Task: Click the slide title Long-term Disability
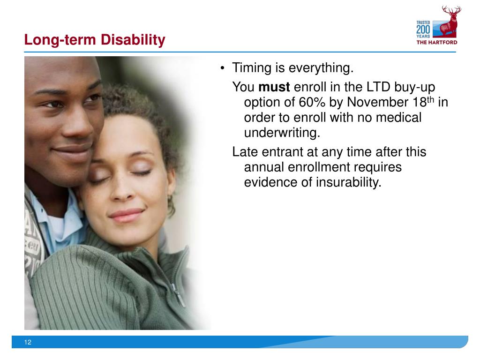pos(95,40)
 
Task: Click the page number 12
pos(28,343)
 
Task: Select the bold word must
pos(274,87)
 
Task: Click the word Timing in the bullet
pos(252,69)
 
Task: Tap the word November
pos(373,102)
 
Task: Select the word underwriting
pos(282,133)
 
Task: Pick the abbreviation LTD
pos(373,87)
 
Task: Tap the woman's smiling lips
pos(126,214)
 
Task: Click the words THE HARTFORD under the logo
pos(437,42)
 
